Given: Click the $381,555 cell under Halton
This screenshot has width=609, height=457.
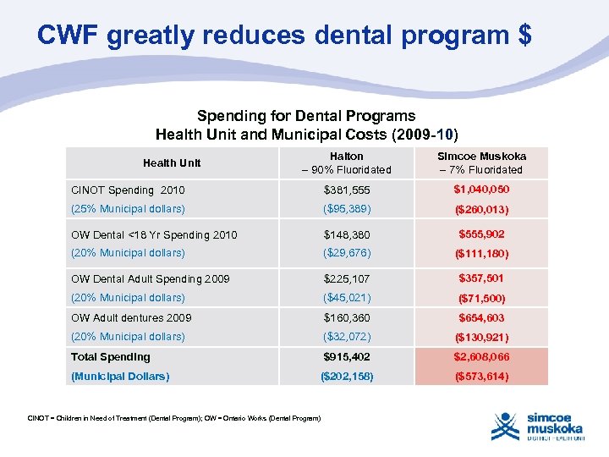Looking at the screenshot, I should point(347,190).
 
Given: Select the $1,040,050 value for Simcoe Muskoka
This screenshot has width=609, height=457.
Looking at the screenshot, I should point(481,190).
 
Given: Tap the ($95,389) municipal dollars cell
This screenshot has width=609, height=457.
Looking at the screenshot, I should point(347,209).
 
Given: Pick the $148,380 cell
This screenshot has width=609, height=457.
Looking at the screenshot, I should point(347,234).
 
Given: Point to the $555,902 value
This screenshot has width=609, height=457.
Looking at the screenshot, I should point(481,234).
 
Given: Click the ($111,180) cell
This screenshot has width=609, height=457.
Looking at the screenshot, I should point(481,253).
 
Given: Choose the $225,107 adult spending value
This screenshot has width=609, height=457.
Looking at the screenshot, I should point(347,278).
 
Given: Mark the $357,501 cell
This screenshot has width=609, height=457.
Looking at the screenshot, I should point(481,278).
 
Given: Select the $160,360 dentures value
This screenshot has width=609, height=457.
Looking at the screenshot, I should point(347,317).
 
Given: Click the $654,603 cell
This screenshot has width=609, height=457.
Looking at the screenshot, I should point(481,317).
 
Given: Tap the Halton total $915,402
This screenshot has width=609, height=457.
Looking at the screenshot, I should point(347,356).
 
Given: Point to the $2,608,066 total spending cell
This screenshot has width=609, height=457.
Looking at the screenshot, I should point(481,356).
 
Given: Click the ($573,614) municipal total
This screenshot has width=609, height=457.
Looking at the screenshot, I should point(481,376).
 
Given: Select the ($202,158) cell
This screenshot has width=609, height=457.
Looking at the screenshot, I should point(347,376).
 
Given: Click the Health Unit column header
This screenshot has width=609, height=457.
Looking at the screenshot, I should point(172,162).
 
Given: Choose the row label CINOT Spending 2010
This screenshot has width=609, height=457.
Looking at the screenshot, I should point(128,190).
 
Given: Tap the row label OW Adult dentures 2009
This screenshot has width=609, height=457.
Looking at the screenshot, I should point(131,317).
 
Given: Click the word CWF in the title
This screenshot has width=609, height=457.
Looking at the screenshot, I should point(69,36).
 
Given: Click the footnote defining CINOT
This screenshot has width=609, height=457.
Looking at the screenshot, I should point(174,418).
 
